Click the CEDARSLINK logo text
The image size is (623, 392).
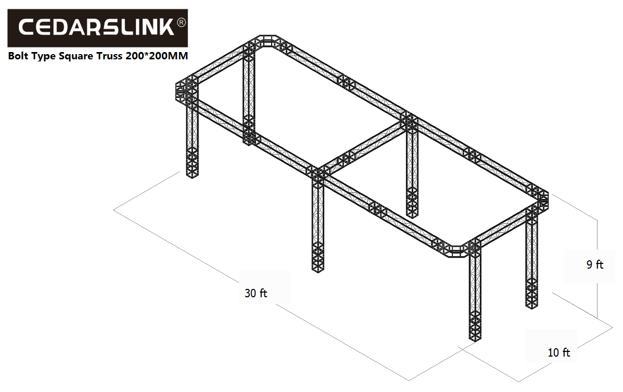click(x=96, y=27)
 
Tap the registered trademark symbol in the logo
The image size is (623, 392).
click(x=181, y=23)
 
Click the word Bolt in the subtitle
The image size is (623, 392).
click(x=18, y=56)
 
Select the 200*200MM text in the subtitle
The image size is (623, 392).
click(x=157, y=56)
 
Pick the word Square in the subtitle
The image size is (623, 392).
click(x=77, y=56)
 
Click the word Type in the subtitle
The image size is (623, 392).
click(x=43, y=56)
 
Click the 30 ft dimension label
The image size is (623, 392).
click(x=256, y=294)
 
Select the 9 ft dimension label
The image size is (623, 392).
click(x=595, y=264)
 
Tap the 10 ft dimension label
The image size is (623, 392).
click(x=558, y=352)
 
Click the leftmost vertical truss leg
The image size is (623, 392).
click(x=192, y=137)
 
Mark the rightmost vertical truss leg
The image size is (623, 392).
click(x=531, y=258)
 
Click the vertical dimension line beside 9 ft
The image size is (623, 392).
click(x=597, y=268)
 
